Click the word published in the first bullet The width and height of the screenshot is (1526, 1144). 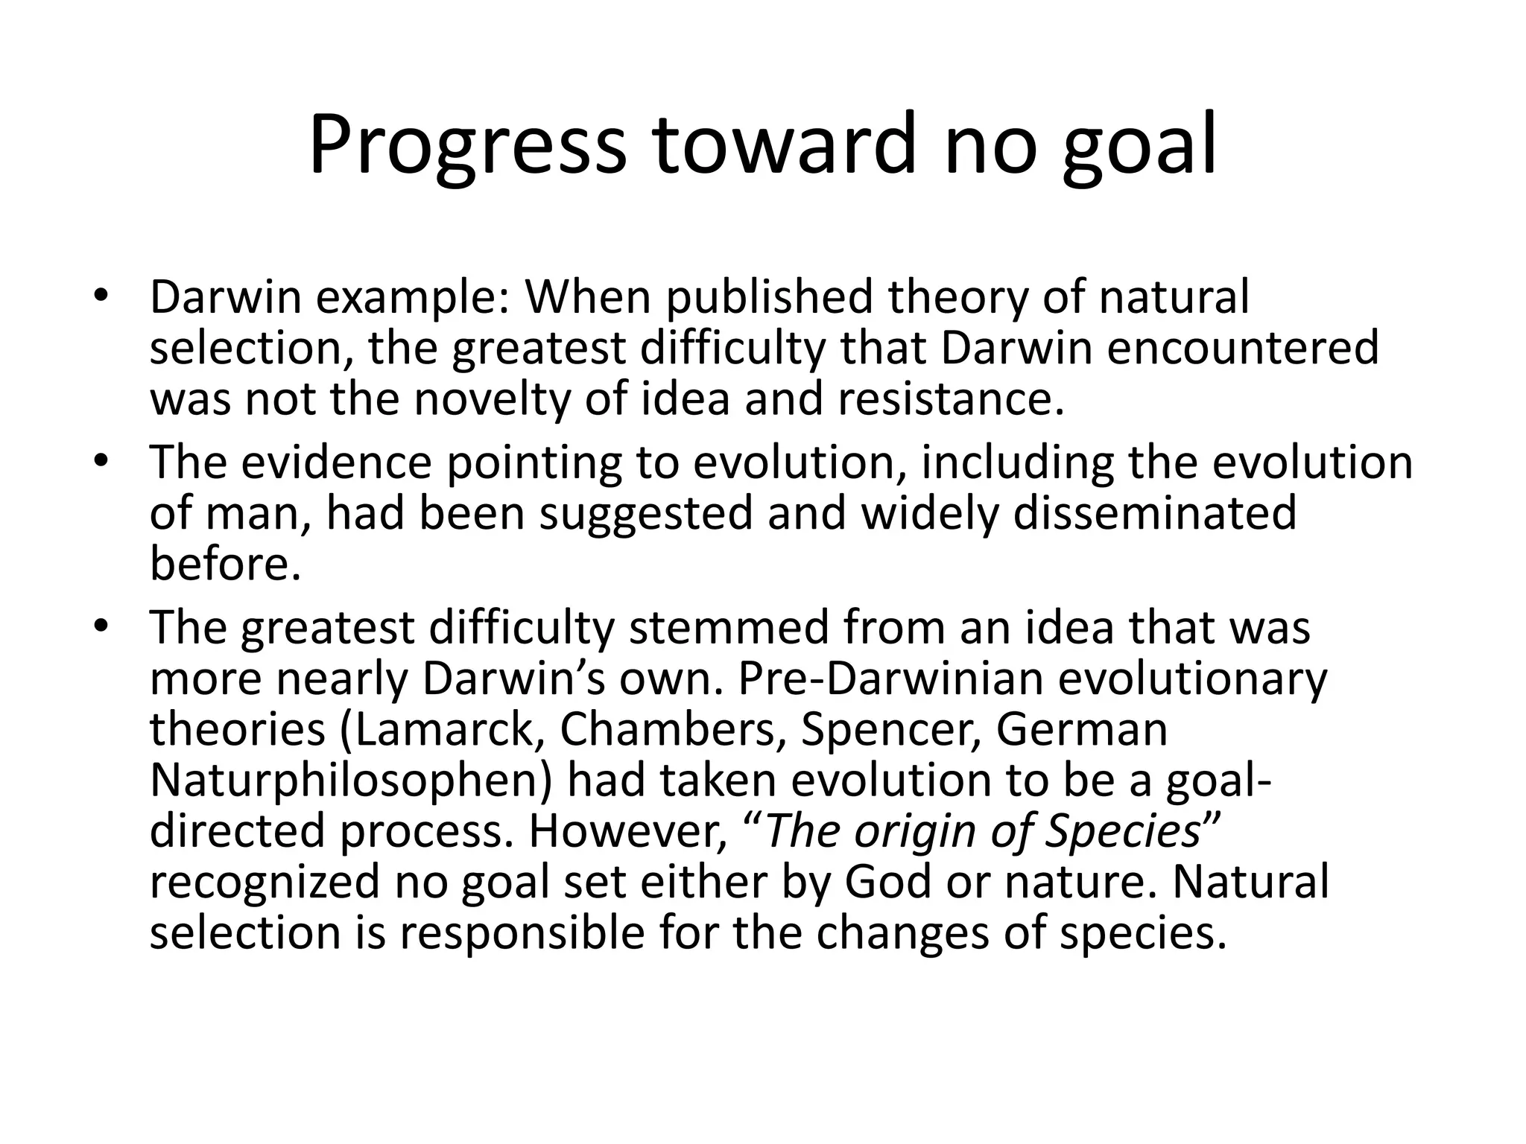[x=768, y=298]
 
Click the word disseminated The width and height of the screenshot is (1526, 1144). [x=1155, y=513]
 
